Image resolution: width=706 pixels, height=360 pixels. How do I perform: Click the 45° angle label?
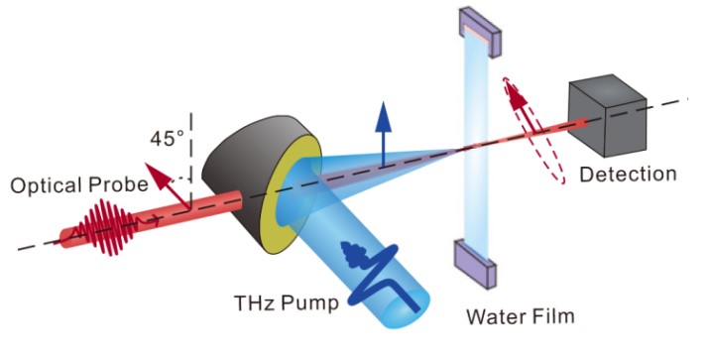click(167, 138)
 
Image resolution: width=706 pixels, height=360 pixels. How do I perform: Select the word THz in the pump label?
click(254, 302)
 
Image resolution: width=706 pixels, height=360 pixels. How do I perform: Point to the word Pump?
click(309, 303)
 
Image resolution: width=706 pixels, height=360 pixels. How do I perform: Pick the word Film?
click(553, 315)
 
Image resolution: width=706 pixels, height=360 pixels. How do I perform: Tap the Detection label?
click(628, 174)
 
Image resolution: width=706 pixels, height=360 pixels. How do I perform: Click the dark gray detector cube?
click(607, 116)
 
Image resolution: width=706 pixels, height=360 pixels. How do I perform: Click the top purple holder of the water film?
click(480, 32)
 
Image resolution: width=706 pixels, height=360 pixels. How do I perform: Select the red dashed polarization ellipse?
click(534, 130)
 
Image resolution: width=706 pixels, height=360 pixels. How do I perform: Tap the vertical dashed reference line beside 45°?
click(191, 161)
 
